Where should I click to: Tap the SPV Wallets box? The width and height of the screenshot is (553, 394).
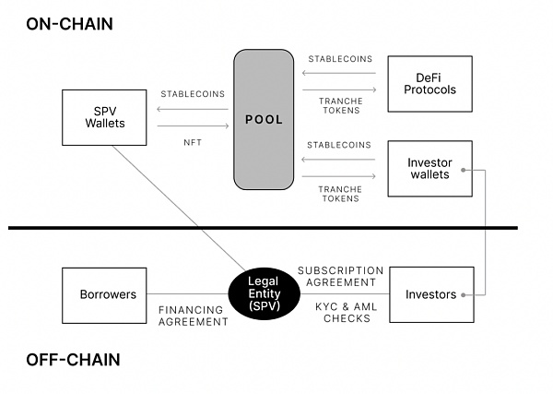coord(103,116)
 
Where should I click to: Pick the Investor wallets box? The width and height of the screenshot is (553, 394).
coord(429,169)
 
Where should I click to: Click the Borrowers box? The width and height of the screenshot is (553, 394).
coord(102,294)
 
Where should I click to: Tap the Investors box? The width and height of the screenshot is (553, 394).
coord(431,294)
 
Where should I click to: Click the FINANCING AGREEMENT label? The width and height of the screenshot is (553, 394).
coord(193,316)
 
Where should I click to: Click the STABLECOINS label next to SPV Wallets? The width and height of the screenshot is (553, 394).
coord(193,94)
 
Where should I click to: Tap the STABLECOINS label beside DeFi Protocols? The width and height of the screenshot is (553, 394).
coord(338,59)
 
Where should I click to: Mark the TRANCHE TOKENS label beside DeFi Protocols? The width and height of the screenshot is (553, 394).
coord(338,106)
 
